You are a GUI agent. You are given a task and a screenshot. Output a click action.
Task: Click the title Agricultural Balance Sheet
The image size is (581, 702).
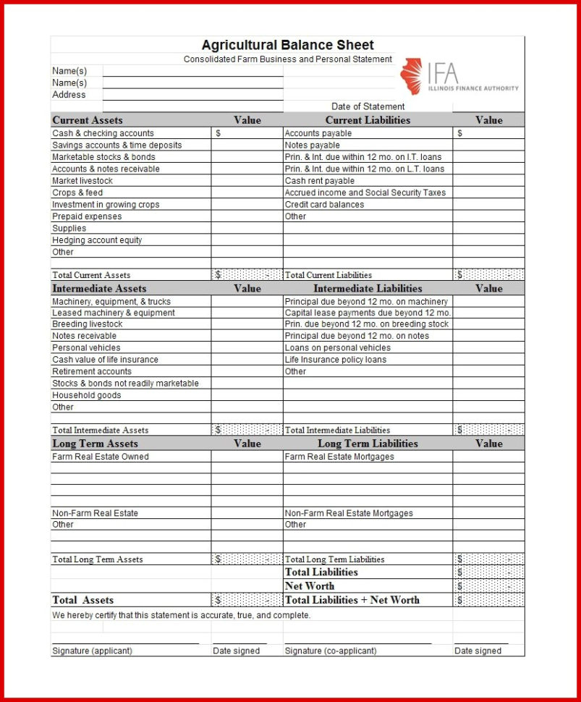[x=287, y=45]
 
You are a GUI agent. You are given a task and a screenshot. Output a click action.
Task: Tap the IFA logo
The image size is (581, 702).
[x=459, y=77]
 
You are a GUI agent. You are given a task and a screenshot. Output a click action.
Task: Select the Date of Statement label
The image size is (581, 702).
[x=368, y=106]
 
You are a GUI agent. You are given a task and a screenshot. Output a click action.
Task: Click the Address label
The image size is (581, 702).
[x=69, y=95]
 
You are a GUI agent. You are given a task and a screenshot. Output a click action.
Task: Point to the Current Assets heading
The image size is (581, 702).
[x=88, y=120]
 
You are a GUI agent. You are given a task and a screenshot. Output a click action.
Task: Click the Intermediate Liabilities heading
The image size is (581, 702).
[x=368, y=288]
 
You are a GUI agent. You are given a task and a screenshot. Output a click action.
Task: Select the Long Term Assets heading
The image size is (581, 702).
[x=95, y=444]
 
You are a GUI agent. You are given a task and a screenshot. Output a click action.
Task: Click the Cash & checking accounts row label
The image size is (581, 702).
[x=103, y=133]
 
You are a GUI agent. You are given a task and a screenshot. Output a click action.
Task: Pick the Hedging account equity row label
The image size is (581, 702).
[x=97, y=240]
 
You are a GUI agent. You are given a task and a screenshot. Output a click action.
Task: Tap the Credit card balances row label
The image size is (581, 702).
[x=324, y=205]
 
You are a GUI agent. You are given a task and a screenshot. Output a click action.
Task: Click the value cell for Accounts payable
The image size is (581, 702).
[x=488, y=133]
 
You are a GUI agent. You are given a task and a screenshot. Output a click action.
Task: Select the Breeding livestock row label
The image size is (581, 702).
[x=87, y=324]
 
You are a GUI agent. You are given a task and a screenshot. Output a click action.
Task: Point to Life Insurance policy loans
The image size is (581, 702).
[x=335, y=360]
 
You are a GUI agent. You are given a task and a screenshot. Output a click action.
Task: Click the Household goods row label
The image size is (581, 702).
[x=86, y=395]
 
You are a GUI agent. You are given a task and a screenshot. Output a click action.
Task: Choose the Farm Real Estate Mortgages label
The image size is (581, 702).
[x=339, y=457]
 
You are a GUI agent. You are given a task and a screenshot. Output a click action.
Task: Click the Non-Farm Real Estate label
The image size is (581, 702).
[x=95, y=513]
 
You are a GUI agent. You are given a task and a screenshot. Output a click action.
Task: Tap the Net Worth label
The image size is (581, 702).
[x=310, y=586]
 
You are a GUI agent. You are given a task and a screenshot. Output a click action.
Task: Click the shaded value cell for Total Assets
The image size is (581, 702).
[x=247, y=600]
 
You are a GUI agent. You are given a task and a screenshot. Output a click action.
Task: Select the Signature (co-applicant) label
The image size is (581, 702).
[x=330, y=651]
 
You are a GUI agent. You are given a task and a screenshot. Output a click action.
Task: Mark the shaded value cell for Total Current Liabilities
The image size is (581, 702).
[x=488, y=275]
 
